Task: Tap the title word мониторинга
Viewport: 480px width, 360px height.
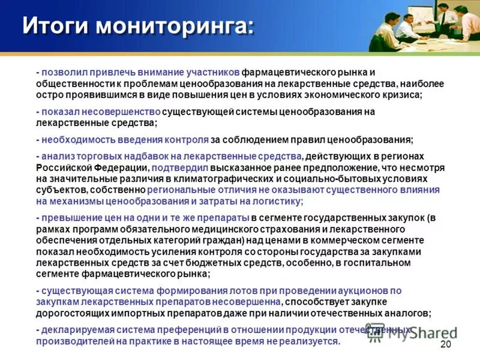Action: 175,26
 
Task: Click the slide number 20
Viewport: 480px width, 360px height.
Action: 445,344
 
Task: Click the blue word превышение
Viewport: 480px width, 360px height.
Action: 67,217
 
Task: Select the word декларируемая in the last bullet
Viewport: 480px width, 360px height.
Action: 74,330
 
